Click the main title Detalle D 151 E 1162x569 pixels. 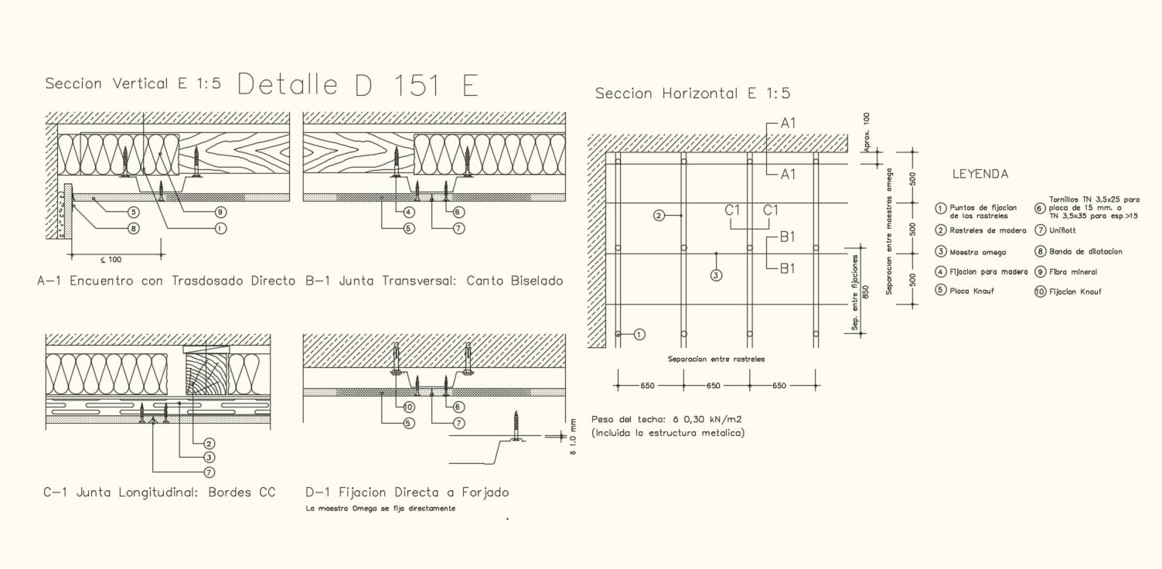[357, 85]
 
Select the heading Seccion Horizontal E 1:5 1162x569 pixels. [692, 94]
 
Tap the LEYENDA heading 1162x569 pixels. [980, 175]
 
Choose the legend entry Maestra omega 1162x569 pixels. [977, 252]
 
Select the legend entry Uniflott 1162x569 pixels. [1062, 230]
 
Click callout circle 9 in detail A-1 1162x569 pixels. [220, 212]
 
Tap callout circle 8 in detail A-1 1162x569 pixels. [133, 228]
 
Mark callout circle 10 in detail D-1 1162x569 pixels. [409, 407]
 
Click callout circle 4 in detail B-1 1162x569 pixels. [409, 212]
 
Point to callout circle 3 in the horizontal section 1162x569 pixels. [716, 274]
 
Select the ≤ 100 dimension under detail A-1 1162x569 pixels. [110, 260]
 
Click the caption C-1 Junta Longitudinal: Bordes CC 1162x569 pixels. [159, 492]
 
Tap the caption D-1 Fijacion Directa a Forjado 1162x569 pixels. [407, 492]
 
